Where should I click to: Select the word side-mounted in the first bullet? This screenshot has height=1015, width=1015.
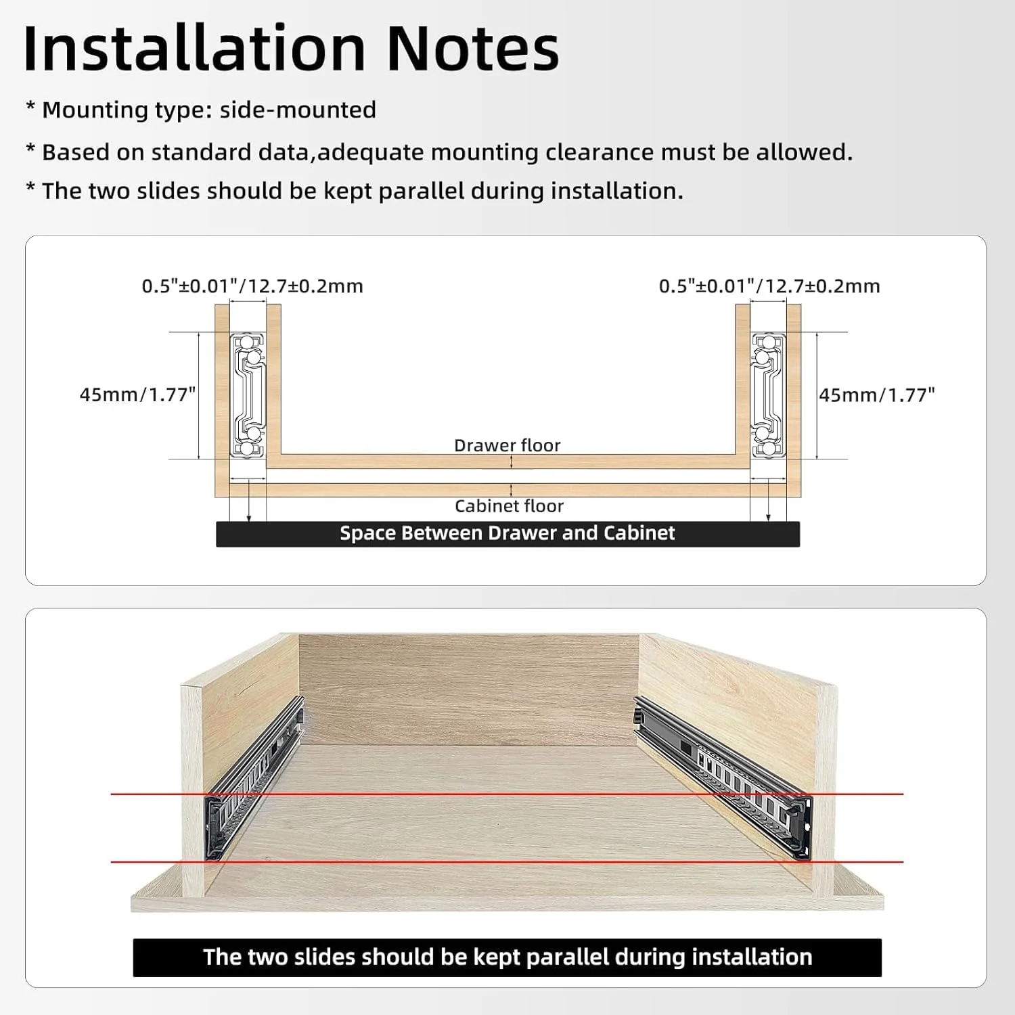point(298,110)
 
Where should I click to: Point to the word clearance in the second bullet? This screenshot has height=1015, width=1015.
point(600,152)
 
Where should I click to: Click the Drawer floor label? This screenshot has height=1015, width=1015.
point(507,445)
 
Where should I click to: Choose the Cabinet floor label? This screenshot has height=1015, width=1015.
point(509,506)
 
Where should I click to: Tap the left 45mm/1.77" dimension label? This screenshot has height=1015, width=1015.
point(137,394)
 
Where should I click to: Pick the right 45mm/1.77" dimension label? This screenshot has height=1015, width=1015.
point(877,394)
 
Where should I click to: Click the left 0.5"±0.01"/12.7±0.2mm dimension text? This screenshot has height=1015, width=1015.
point(252,286)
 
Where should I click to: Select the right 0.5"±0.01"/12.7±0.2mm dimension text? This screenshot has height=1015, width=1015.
point(769,286)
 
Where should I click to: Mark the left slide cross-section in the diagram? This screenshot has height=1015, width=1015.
point(248,395)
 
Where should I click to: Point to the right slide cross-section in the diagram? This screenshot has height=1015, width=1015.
point(768,395)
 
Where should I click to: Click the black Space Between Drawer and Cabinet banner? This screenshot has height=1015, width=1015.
point(507,533)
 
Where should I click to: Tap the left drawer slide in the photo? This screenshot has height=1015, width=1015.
point(253,778)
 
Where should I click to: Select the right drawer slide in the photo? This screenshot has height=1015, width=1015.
point(723,778)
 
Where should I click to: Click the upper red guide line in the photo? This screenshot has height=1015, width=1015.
point(507,794)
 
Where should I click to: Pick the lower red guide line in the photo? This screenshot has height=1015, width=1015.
point(507,861)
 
